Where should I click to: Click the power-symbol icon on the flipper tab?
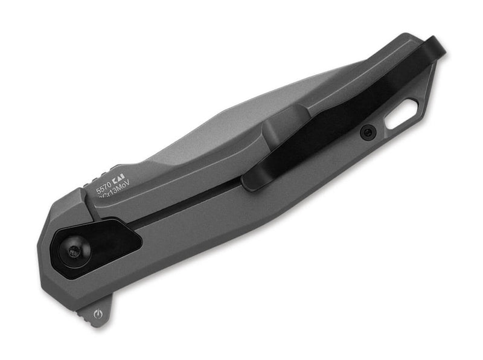tap(99, 314)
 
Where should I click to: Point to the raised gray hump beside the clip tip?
tap(266, 130)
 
